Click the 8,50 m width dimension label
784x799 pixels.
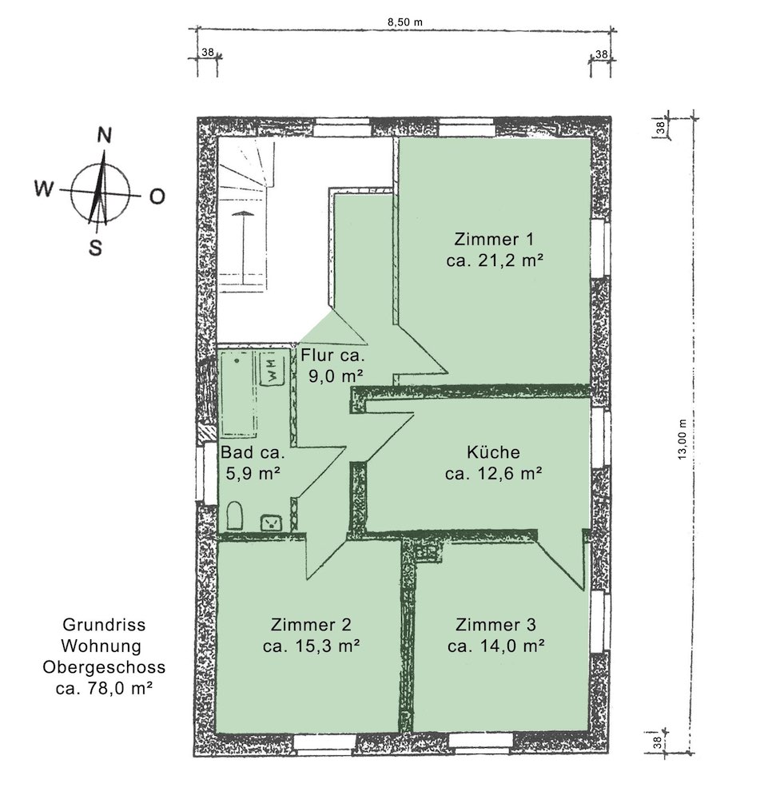404,22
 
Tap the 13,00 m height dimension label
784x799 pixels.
683,439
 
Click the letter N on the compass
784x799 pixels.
104,135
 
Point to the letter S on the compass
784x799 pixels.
95,248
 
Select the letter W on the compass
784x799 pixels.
43,189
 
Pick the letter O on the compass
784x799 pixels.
157,197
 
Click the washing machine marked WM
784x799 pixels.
273,369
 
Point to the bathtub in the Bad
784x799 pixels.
238,393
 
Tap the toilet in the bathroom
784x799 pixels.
234,515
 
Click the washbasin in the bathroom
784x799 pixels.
271,523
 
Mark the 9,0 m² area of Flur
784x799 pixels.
336,376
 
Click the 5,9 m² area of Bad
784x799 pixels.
253,473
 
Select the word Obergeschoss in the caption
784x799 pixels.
104,667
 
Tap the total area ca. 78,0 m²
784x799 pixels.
104,689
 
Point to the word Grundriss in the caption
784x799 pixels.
104,625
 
